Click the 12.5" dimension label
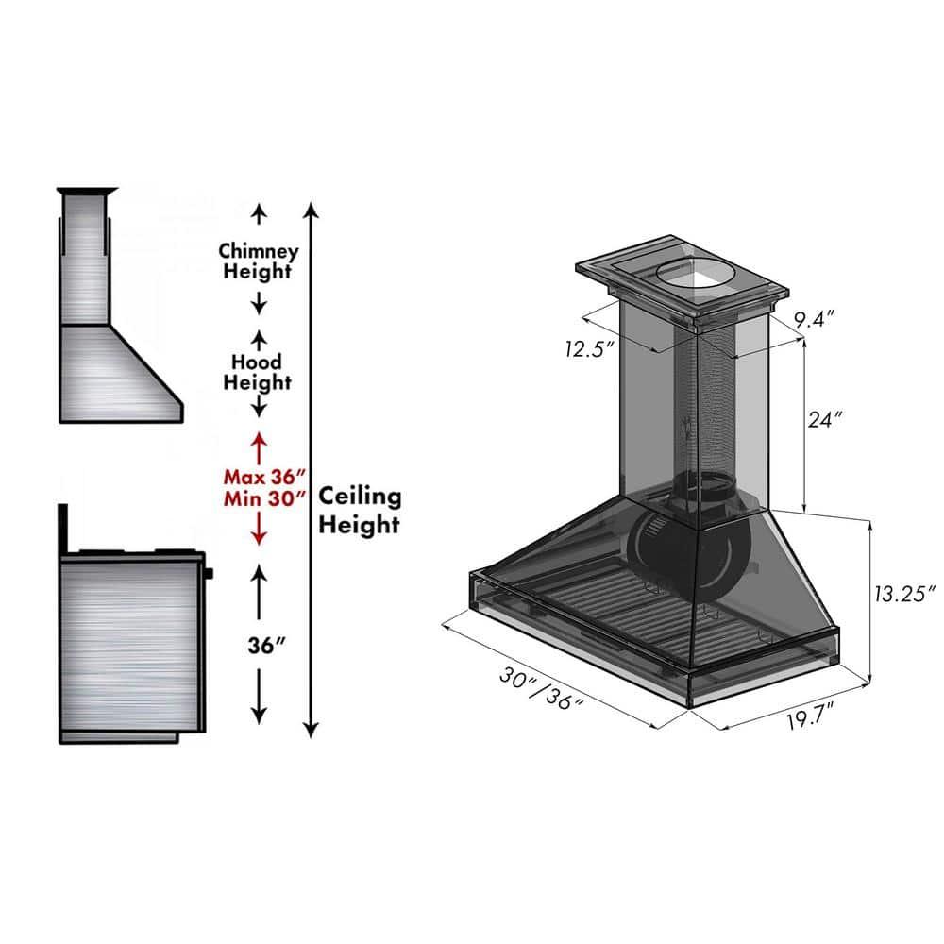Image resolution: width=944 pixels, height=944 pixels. coord(590,349)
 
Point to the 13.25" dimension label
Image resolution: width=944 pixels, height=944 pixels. coord(902,593)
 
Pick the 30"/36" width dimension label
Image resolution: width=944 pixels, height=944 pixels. coord(542,688)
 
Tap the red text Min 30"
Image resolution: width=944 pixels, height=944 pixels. coord(265,497)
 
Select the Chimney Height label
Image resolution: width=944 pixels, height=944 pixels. coord(259,261)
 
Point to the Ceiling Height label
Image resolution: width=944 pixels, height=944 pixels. coord(360,511)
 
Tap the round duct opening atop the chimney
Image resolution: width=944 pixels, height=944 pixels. coord(694,275)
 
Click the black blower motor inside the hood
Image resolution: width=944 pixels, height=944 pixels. coord(661,543)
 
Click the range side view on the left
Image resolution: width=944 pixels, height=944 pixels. coord(132,642)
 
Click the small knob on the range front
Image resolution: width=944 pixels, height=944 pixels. coord(209,572)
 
